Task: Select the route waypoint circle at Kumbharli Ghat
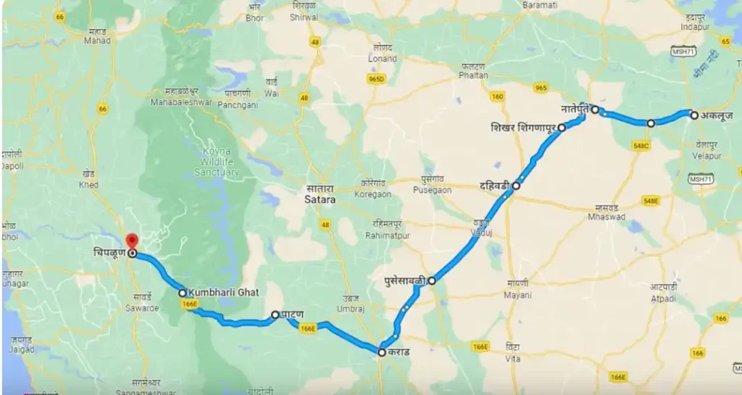183,293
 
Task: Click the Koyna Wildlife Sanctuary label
217,162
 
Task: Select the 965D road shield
376,79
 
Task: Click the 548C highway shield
641,145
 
